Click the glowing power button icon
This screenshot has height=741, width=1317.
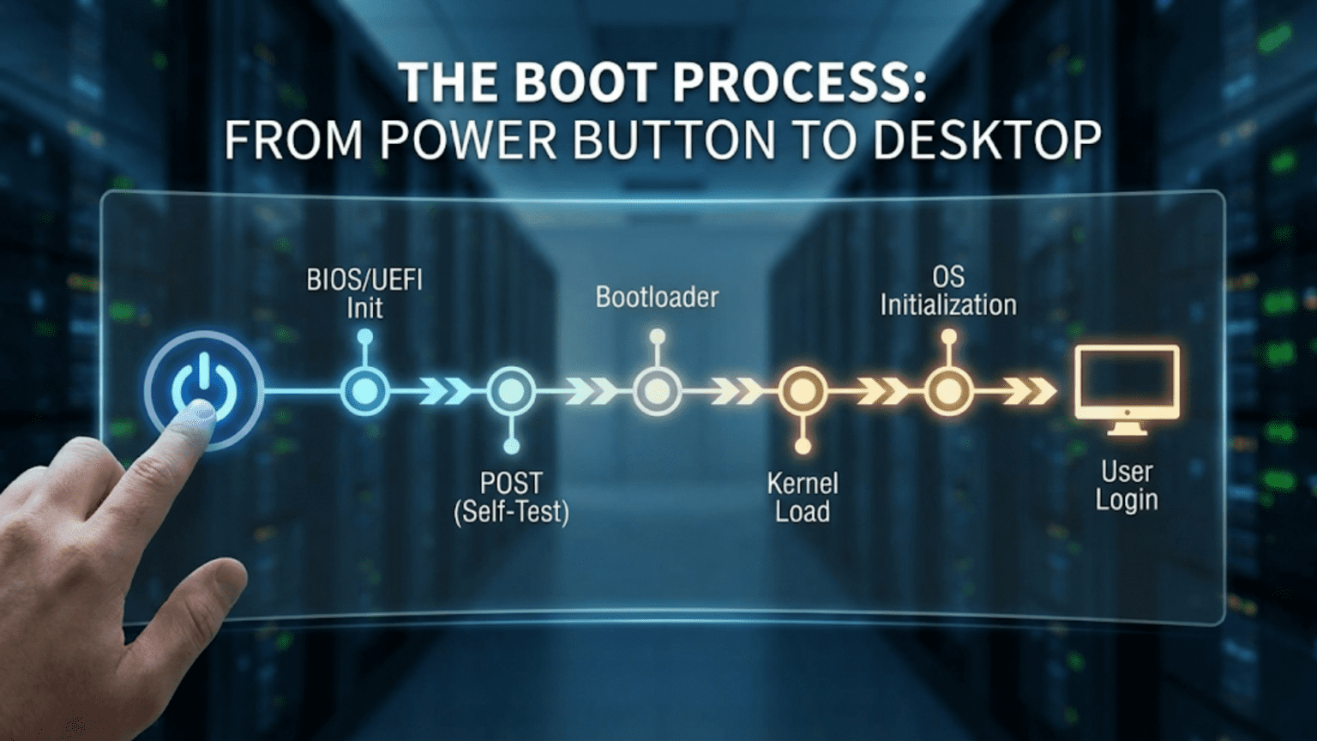click(204, 390)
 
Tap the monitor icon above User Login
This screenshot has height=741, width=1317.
click(1128, 390)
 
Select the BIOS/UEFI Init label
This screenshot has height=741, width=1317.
click(364, 295)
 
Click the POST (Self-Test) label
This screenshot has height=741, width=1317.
click(512, 497)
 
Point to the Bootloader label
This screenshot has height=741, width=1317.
click(658, 298)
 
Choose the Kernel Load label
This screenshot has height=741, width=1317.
click(803, 497)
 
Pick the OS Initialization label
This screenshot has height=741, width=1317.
click(948, 292)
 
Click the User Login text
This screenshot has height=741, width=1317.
click(1127, 485)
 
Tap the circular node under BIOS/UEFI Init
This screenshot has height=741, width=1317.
click(364, 391)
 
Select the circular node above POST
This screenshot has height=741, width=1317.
click(512, 391)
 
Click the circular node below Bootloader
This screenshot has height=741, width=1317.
click(658, 391)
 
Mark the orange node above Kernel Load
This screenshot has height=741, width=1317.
click(803, 391)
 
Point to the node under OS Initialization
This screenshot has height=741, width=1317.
click(948, 391)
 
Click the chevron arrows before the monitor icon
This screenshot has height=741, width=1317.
click(1029, 392)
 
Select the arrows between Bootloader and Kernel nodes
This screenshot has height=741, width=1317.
click(737, 392)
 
